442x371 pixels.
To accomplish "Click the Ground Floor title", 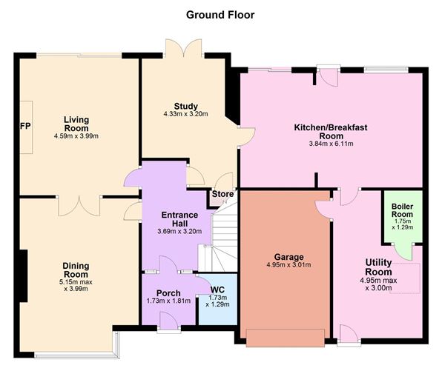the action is [x=220, y=15].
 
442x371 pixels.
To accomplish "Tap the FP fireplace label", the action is [x=25, y=126].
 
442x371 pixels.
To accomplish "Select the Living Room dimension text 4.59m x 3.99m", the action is [x=76, y=136].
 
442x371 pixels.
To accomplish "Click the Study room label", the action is [x=185, y=106].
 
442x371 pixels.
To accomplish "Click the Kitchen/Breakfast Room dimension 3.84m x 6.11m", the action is [x=331, y=144].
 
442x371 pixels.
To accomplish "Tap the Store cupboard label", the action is [x=222, y=194].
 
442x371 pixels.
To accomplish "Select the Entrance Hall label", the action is [x=179, y=219].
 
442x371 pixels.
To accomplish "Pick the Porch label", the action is [x=168, y=293].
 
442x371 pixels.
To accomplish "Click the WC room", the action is [x=217, y=299].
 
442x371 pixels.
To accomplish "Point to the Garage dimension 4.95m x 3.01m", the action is [x=288, y=264].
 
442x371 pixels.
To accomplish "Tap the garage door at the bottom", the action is [x=286, y=338].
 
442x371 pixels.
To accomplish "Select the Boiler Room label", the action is [x=402, y=210].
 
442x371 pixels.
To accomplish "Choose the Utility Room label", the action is [x=378, y=267].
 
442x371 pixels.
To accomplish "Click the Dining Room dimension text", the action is [x=76, y=285].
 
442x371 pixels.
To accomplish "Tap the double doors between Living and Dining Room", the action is [x=79, y=206].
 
